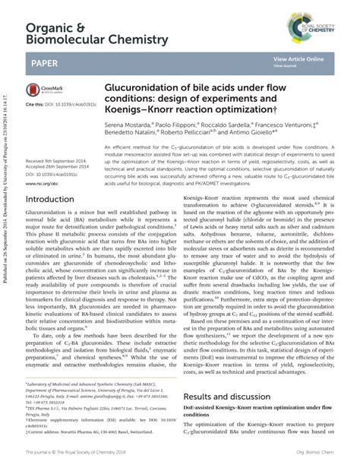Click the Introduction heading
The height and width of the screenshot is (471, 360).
pyautogui.click(x=55, y=200)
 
